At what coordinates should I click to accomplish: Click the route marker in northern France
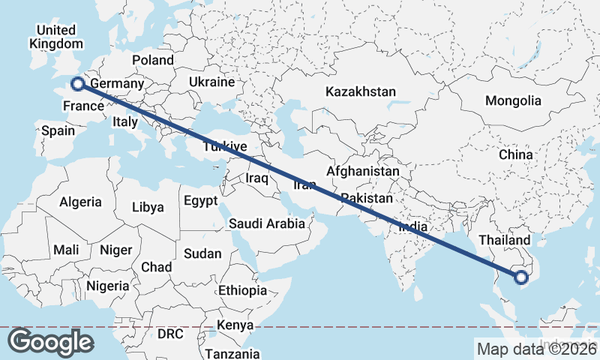tap(76, 84)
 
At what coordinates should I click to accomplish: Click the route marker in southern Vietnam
tap(523, 277)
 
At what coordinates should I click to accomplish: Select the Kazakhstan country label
tap(360, 91)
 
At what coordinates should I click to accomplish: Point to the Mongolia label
tap(513, 100)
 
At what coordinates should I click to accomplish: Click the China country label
tap(515, 154)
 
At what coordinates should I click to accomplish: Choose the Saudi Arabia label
tap(267, 223)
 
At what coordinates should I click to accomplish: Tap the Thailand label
tap(505, 240)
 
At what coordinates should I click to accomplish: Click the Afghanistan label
tap(363, 171)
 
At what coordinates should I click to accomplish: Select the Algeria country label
tap(80, 202)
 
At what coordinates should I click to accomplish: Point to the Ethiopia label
tap(242, 290)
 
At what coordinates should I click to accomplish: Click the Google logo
tap(50, 341)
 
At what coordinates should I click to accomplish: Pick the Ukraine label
tap(211, 82)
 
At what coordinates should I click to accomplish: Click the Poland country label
tap(152, 60)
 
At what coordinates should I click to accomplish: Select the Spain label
tap(58, 130)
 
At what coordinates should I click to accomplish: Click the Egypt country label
tap(200, 200)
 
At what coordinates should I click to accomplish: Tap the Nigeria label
tap(108, 286)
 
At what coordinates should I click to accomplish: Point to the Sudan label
tap(202, 253)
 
